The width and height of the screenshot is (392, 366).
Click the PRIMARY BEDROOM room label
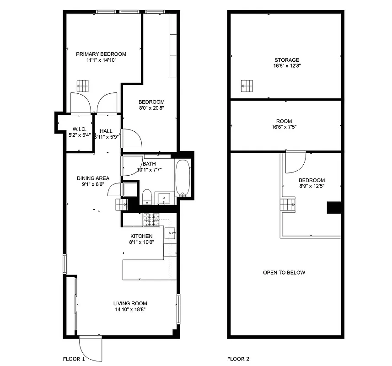coord(101,54)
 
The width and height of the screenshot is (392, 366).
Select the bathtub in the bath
coord(183,178)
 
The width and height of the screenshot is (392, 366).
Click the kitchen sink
coord(170,234)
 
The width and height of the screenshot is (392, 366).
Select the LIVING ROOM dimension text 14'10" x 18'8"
coord(130,309)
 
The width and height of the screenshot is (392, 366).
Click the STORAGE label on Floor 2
coord(287,60)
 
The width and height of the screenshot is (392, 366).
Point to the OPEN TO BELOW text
coord(284,273)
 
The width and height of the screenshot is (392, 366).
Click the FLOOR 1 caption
coord(74,359)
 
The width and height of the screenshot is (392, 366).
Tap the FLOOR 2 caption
coord(238,359)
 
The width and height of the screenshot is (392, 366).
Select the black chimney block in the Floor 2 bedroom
coord(333,208)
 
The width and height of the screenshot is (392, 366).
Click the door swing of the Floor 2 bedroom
coord(295,162)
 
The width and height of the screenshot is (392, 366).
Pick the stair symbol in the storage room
coord(247,86)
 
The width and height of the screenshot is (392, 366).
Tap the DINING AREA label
coord(93,178)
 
